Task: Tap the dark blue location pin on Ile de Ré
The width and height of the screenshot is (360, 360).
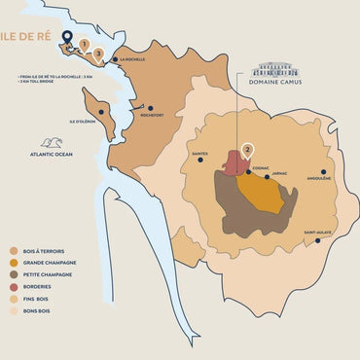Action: click(67, 38)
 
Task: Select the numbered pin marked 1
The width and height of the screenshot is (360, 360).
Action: click(85, 44)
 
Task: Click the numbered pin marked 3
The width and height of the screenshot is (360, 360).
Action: click(98, 54)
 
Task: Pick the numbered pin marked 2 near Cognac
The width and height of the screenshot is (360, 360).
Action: click(248, 151)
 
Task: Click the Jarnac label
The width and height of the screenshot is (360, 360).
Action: click(282, 177)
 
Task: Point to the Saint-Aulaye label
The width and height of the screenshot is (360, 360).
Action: click(317, 233)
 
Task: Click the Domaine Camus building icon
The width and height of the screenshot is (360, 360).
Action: click(275, 71)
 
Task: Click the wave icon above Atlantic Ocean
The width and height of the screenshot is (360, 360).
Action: click(52, 143)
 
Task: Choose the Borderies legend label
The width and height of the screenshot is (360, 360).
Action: click(40, 287)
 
